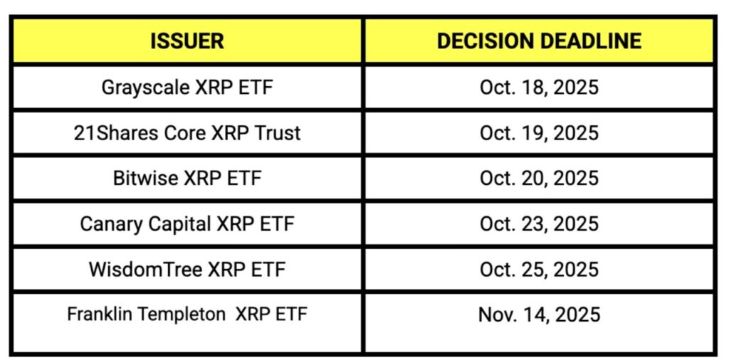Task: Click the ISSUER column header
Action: [187, 41]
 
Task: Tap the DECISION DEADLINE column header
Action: [539, 41]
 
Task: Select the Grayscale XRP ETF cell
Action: [187, 88]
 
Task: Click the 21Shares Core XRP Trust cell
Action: [187, 133]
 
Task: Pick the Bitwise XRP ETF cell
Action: [187, 178]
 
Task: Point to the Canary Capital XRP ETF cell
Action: [187, 223]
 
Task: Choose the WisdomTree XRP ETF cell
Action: [187, 269]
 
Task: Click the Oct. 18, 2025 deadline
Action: [539, 88]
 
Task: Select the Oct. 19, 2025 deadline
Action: [539, 133]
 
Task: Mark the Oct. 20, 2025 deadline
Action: [539, 178]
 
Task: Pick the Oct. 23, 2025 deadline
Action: [539, 223]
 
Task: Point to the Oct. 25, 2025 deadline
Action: [539, 269]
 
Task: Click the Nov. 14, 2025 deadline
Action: [539, 314]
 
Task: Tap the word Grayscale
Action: [145, 88]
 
